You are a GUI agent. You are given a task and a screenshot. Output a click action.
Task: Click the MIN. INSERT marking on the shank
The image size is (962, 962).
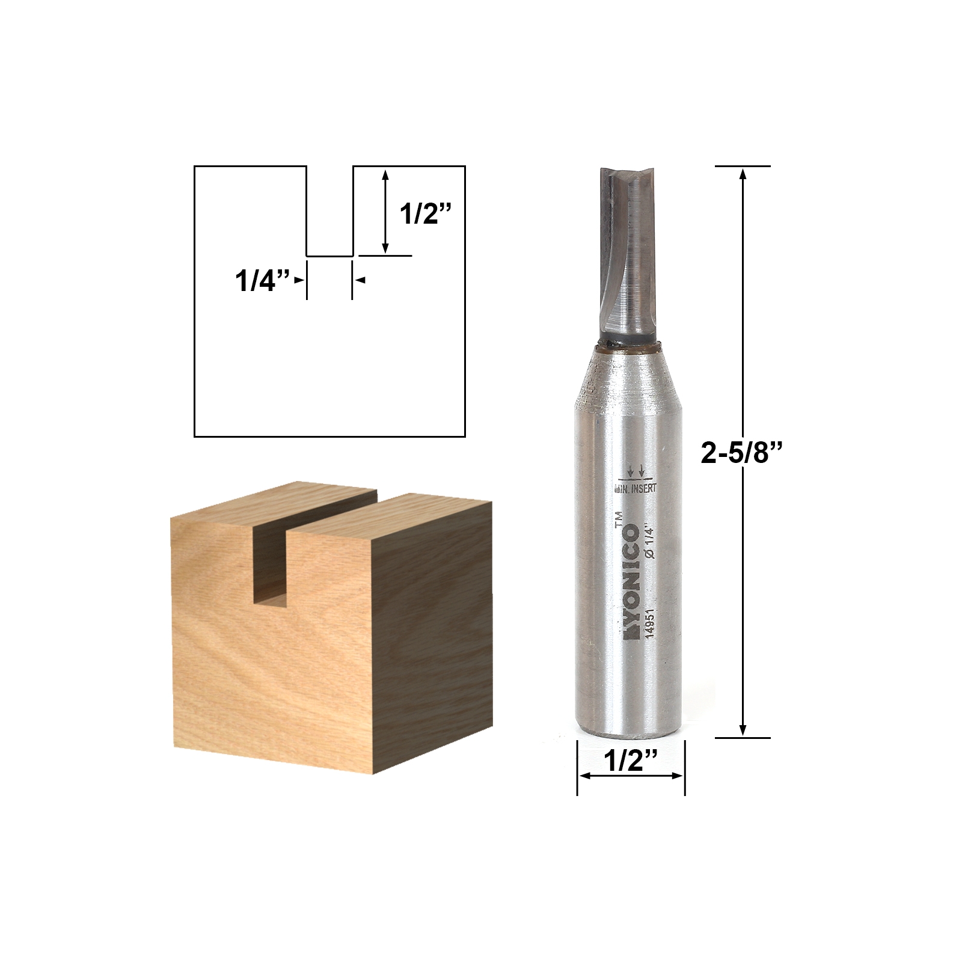pos(635,488)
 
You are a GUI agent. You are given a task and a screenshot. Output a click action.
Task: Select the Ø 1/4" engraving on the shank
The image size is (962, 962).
pos(649,542)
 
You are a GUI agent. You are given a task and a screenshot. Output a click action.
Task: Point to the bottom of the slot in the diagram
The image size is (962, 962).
pos(329,256)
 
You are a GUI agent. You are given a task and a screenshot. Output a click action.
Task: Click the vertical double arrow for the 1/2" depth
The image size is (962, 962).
pos(386,210)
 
